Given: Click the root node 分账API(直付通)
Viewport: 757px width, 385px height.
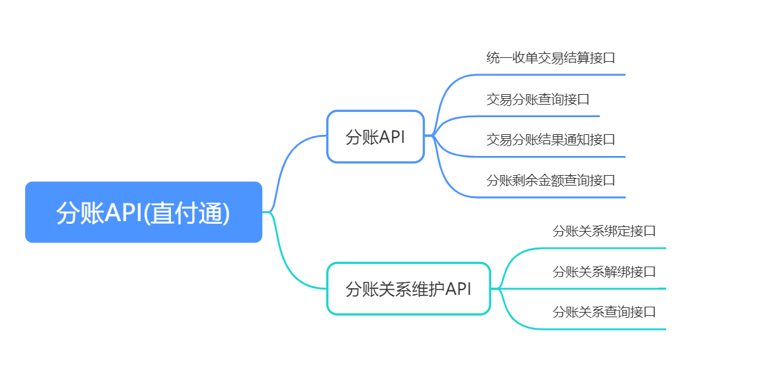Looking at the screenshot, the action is coord(143,212).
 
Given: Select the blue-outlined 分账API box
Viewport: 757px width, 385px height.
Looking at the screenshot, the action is coord(376,137).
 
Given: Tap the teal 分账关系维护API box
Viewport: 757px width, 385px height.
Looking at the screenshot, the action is coord(408,289).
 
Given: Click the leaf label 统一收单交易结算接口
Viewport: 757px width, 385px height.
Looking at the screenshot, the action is coord(551,58).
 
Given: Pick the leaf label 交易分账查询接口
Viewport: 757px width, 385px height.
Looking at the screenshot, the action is coord(538,99).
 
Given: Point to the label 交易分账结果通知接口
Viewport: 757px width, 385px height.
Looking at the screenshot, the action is coord(551,140).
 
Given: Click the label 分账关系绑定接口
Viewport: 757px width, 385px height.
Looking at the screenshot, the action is coord(604,231).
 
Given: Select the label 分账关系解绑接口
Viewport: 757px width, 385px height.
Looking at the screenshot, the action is coord(604,272).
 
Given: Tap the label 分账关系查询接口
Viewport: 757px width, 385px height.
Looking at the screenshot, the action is coord(604,312).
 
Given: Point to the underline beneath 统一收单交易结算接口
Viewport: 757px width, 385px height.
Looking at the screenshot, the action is coord(550,75).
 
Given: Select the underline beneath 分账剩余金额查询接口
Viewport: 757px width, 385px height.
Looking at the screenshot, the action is coord(550,197).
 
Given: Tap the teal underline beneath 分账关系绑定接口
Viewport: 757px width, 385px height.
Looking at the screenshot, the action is coord(604,248).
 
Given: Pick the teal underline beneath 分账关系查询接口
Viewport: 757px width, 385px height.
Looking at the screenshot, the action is coord(604,330).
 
